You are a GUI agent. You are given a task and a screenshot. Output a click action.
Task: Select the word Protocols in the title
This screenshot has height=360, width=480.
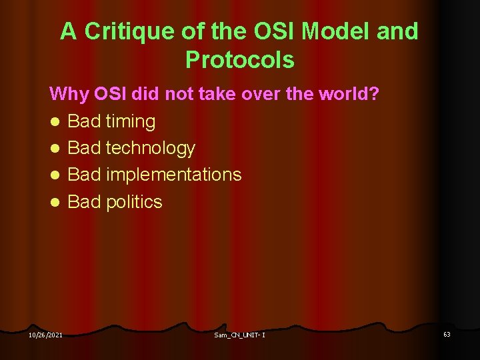click(x=240, y=60)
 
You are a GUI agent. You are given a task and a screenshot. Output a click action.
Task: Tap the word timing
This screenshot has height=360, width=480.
click(x=130, y=121)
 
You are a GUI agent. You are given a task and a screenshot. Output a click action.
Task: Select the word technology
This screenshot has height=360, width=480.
click(x=150, y=148)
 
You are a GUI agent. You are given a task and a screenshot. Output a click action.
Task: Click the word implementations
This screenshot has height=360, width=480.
click(x=173, y=175)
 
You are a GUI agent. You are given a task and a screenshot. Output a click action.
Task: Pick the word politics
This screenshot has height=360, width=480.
click(x=134, y=201)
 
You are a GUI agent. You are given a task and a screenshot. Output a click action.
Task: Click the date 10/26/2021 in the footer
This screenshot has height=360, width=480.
click(x=45, y=334)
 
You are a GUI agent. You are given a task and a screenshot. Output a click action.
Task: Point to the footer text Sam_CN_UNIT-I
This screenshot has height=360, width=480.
click(x=239, y=334)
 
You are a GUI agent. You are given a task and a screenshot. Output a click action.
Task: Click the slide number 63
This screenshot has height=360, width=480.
click(x=447, y=333)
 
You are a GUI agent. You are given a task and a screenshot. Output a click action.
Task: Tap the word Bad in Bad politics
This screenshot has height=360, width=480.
click(x=84, y=201)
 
